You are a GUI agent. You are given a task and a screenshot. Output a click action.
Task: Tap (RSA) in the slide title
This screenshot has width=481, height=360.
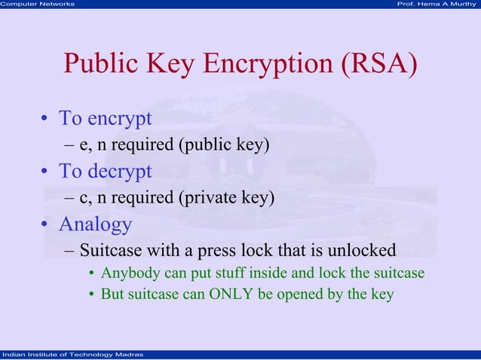(x=376, y=65)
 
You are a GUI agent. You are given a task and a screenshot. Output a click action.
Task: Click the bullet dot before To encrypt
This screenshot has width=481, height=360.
(x=45, y=120)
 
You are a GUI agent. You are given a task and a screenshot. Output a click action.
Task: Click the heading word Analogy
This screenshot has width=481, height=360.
(x=95, y=224)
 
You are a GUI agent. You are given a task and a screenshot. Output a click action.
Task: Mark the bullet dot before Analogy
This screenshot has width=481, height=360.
(x=45, y=225)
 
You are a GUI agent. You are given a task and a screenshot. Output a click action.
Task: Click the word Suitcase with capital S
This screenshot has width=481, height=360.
(x=108, y=250)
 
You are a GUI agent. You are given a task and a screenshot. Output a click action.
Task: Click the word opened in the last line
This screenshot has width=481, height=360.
(x=299, y=295)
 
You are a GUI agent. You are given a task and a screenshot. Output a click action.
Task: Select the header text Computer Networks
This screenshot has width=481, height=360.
(x=38, y=5)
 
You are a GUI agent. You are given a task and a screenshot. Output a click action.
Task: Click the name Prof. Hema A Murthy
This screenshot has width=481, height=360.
(x=437, y=5)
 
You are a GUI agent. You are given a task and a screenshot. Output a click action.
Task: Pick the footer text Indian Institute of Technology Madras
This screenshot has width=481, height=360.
(x=68, y=355)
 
